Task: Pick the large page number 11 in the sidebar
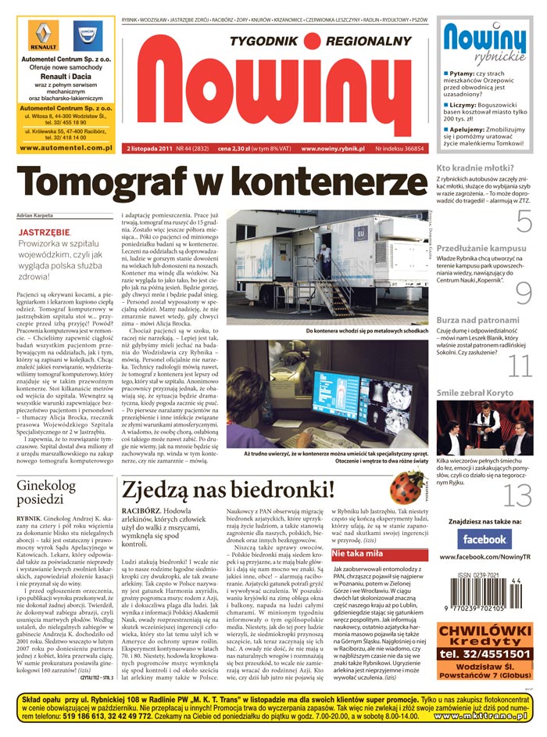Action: click(x=520, y=365)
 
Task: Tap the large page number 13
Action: click(x=518, y=495)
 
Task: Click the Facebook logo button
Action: click(x=484, y=539)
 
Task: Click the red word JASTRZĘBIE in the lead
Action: click(x=43, y=233)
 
